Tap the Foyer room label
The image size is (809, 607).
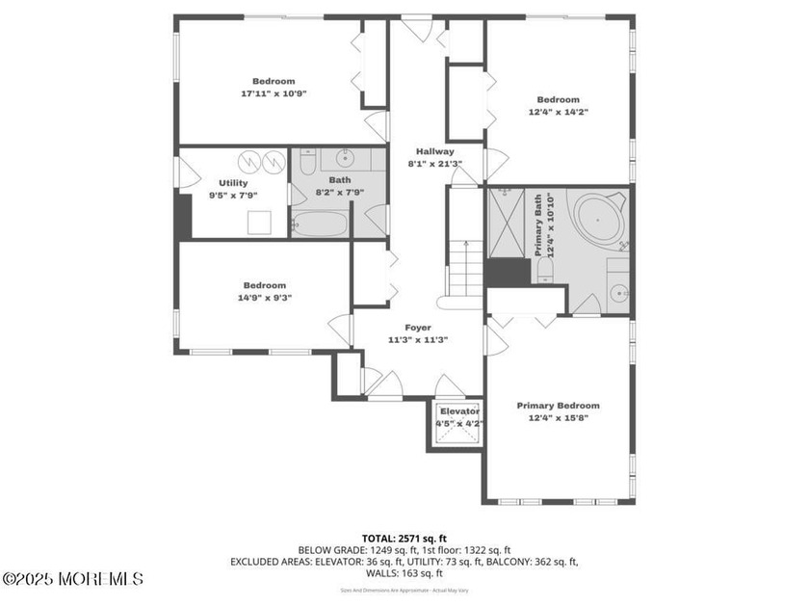pyautogui.click(x=417, y=328)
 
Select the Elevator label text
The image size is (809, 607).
pyautogui.click(x=459, y=411)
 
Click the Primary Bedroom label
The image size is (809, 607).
pyautogui.click(x=558, y=406)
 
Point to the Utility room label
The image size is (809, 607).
pyautogui.click(x=233, y=183)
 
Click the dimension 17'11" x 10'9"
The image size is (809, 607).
pyautogui.click(x=274, y=93)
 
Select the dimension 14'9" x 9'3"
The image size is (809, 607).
pyautogui.click(x=264, y=298)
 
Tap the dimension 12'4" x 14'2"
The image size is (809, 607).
pyautogui.click(x=558, y=112)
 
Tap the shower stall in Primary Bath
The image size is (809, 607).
pyautogui.click(x=506, y=223)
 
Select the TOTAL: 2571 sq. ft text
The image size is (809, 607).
pyautogui.click(x=404, y=539)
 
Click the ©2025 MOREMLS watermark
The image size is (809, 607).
pyautogui.click(x=73, y=579)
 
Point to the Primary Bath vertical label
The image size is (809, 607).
pyautogui.click(x=545, y=224)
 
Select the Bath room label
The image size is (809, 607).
pyautogui.click(x=339, y=179)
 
